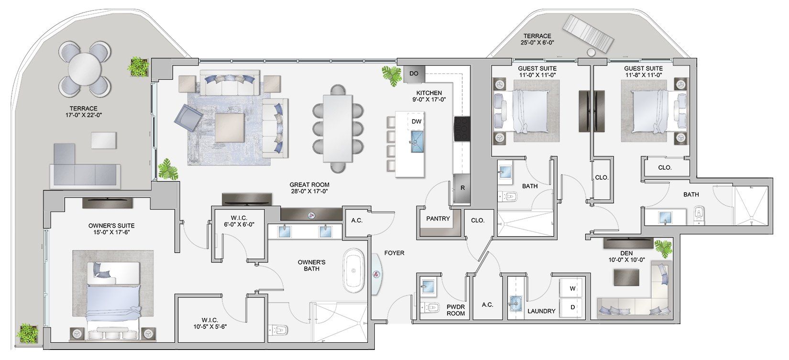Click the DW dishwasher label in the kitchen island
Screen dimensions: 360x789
[x=416, y=121]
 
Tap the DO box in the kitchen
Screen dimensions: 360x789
[x=414, y=73]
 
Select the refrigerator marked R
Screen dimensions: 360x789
[x=462, y=188]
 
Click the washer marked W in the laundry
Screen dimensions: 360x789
[x=572, y=289]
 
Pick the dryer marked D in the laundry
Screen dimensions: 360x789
[x=572, y=307]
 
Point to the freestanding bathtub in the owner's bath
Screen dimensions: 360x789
[x=354, y=271]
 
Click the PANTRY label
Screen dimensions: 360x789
[x=438, y=218]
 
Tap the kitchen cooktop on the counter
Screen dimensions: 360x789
[x=461, y=128]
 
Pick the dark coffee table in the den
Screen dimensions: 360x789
[x=626, y=276]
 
